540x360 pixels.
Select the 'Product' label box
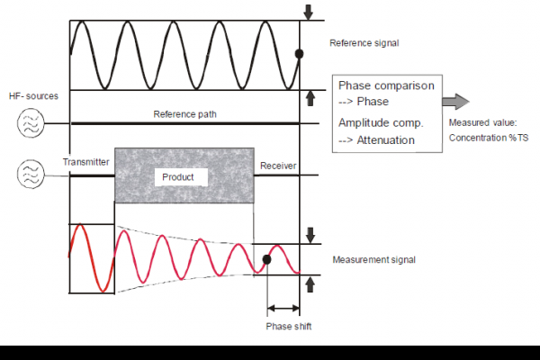click(177, 177)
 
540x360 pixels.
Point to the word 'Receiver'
click(277, 166)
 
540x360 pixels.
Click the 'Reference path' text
click(184, 114)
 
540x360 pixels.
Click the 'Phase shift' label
click(289, 326)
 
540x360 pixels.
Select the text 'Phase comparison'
click(386, 85)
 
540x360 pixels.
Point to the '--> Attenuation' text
click(376, 139)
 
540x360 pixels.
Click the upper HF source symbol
click(30, 122)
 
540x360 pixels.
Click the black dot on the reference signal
click(300, 54)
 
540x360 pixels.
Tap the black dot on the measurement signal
click(266, 260)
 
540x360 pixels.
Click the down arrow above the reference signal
click(310, 12)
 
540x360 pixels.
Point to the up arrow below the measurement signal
click(310, 284)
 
